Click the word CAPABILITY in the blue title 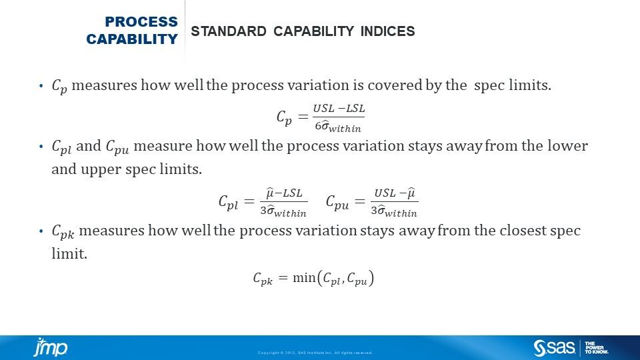[x=132, y=39]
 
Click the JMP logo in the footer [x=51, y=347]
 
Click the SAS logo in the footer [x=554, y=347]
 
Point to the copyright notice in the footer [x=315, y=353]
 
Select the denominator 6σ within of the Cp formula [x=339, y=126]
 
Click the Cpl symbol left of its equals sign [x=228, y=203]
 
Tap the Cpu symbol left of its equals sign [x=337, y=203]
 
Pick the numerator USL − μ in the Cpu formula [x=394, y=193]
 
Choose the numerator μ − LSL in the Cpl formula [x=285, y=193]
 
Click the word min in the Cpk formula [x=303, y=278]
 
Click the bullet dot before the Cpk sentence [x=41, y=231]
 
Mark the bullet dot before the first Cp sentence [x=41, y=86]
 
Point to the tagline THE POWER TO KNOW [x=596, y=347]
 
